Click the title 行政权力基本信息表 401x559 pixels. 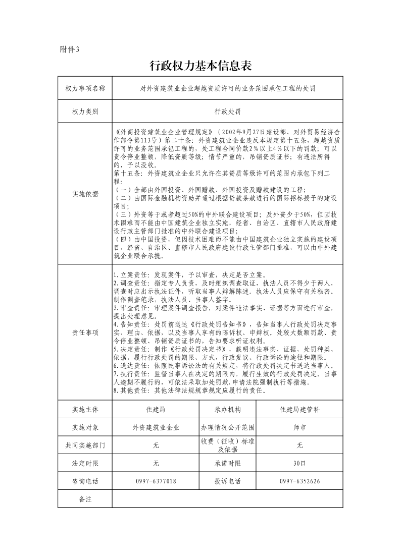(201, 66)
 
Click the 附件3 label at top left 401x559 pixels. (70, 49)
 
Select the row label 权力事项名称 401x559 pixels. (85, 88)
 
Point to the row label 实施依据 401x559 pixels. (85, 194)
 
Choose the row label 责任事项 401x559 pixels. (85, 332)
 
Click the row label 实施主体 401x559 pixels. (85, 409)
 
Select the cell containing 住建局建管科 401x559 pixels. (299, 409)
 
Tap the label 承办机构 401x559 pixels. (227, 409)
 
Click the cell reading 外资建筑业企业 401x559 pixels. (156, 427)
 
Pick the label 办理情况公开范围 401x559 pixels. (227, 427)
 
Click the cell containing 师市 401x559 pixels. (299, 427)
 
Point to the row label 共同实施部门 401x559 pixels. (85, 445)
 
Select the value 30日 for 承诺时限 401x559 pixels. (299, 463)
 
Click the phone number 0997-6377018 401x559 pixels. (156, 481)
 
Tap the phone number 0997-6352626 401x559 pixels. (299, 481)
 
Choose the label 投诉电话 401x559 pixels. (227, 481)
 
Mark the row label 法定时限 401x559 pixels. (85, 463)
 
